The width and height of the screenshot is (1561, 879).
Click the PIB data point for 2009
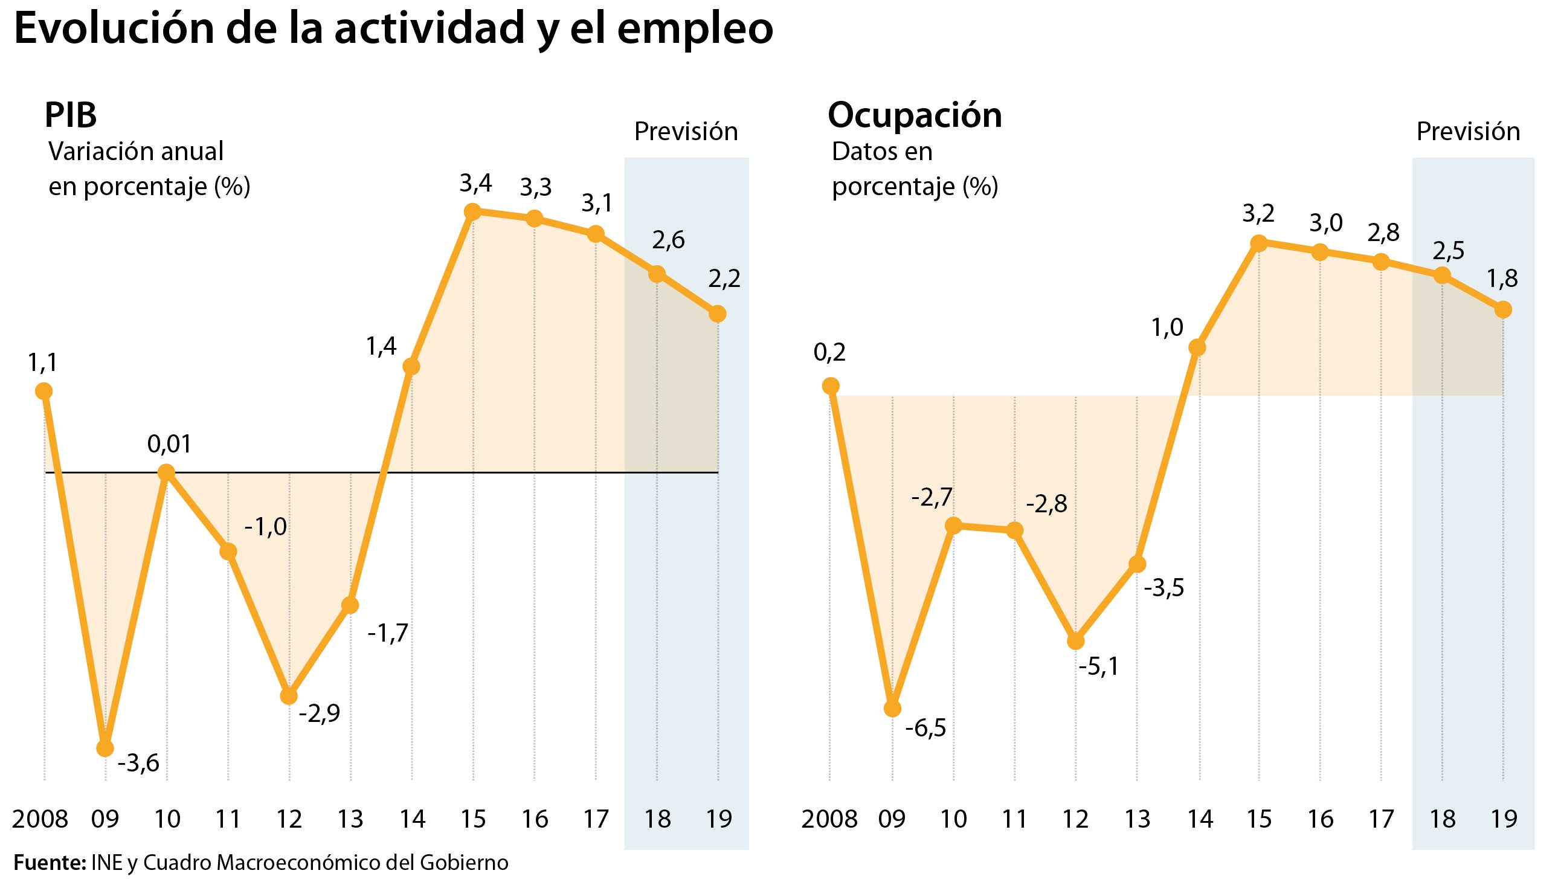click(105, 748)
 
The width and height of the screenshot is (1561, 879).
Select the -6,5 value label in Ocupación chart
click(925, 728)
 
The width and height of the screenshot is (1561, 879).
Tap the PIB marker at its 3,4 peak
click(472, 211)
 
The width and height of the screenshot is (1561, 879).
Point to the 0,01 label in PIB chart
click(169, 445)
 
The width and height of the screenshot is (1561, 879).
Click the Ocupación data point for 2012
click(1076, 641)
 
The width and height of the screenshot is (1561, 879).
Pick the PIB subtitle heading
click(70, 115)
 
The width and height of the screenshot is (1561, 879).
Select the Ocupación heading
click(915, 115)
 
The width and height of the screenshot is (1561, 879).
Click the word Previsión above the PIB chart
click(686, 132)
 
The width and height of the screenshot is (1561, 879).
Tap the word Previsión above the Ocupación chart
click(1468, 132)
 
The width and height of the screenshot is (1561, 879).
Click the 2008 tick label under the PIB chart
click(40, 819)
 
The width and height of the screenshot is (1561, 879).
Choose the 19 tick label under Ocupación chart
click(1504, 819)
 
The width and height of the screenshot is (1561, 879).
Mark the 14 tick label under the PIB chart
click(412, 819)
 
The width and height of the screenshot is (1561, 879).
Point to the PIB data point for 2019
click(718, 314)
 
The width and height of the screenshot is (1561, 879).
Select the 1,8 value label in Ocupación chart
click(1502, 279)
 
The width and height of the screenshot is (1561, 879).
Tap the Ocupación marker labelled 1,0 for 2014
click(1197, 347)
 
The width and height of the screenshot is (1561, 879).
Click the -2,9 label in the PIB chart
click(320, 713)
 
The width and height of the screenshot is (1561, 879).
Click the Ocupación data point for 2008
click(831, 385)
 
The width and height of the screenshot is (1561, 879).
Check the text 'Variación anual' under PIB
click(136, 152)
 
